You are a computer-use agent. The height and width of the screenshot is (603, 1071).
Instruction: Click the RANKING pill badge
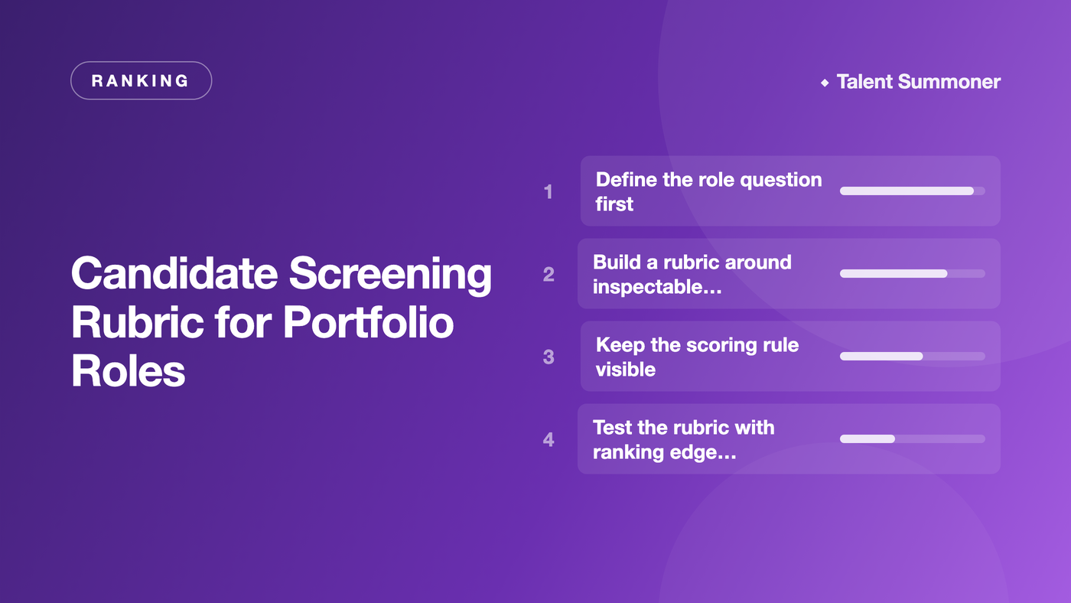point(141,80)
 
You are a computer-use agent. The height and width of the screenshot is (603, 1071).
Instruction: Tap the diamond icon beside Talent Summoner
point(825,83)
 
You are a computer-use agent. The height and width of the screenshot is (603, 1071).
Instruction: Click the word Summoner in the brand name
point(949,82)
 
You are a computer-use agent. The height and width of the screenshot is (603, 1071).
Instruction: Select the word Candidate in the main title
point(174,273)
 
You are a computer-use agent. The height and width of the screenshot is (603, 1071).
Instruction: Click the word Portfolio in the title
point(368,322)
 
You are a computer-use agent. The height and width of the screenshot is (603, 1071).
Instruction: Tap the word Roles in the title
point(129,371)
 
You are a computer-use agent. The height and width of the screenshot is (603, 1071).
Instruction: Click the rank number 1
point(548,192)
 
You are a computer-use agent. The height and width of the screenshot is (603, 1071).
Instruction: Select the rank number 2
point(549,275)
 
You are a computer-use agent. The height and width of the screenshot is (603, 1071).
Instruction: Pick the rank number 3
point(549,357)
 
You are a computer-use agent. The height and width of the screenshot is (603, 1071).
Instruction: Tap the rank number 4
point(549,439)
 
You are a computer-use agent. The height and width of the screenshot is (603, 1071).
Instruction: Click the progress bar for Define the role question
point(912,191)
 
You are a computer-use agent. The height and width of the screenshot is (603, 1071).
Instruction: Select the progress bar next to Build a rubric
point(912,273)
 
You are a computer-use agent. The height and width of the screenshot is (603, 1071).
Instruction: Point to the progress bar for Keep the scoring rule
point(912,357)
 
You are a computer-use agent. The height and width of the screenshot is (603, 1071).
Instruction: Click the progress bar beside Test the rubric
point(912,439)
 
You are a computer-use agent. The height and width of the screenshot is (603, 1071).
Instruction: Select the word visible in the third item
point(626,369)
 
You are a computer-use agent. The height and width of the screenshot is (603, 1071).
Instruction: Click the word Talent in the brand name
point(864,82)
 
